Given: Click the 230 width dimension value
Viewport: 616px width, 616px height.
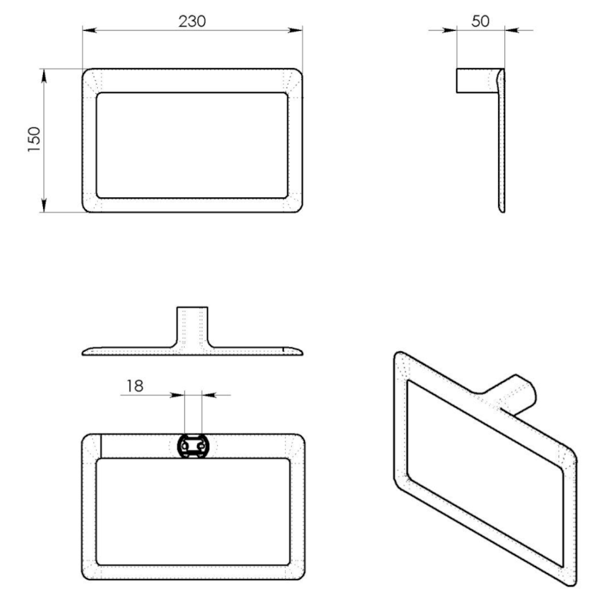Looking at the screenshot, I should pyautogui.click(x=192, y=22).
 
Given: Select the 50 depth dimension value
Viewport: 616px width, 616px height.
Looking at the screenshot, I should pyautogui.click(x=480, y=22).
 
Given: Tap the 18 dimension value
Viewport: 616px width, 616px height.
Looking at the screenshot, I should pyautogui.click(x=135, y=386).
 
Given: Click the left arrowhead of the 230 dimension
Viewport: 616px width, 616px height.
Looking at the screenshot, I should pyautogui.click(x=88, y=31).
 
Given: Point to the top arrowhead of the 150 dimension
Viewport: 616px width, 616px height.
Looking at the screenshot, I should pyautogui.click(x=45, y=74).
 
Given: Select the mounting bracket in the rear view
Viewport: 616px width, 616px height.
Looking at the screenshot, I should pyautogui.click(x=192, y=446).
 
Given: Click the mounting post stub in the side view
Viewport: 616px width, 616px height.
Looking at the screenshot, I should pyautogui.click(x=476, y=80).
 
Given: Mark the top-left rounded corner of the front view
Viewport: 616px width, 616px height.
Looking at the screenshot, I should pyautogui.click(x=89, y=75).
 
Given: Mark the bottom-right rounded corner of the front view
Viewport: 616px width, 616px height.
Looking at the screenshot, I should pyautogui.click(x=296, y=206).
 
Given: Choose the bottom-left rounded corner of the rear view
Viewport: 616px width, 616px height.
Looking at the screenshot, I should pyautogui.click(x=89, y=573).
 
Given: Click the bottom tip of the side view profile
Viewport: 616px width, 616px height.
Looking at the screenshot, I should pyautogui.click(x=502, y=209).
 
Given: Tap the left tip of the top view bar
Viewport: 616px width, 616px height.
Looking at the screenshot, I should pyautogui.click(x=85, y=353).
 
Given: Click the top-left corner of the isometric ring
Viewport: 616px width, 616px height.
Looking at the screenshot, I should pyautogui.click(x=399, y=358).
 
